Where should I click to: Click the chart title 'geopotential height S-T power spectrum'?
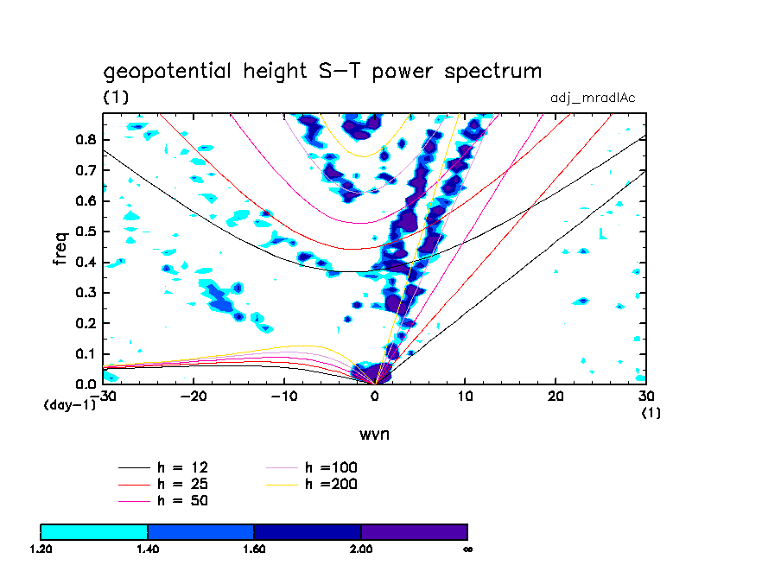coord(322,71)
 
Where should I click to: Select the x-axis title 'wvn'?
coord(375,434)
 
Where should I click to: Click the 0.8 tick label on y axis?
coord(85,140)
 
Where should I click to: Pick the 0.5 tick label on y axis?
coord(85,232)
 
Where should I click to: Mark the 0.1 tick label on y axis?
coord(85,353)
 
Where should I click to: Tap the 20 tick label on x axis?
coord(556,397)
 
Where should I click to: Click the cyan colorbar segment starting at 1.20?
coord(94,531)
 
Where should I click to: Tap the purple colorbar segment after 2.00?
coord(414,531)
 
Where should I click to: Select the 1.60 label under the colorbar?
coord(254,549)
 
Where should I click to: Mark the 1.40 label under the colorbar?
coord(148,549)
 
